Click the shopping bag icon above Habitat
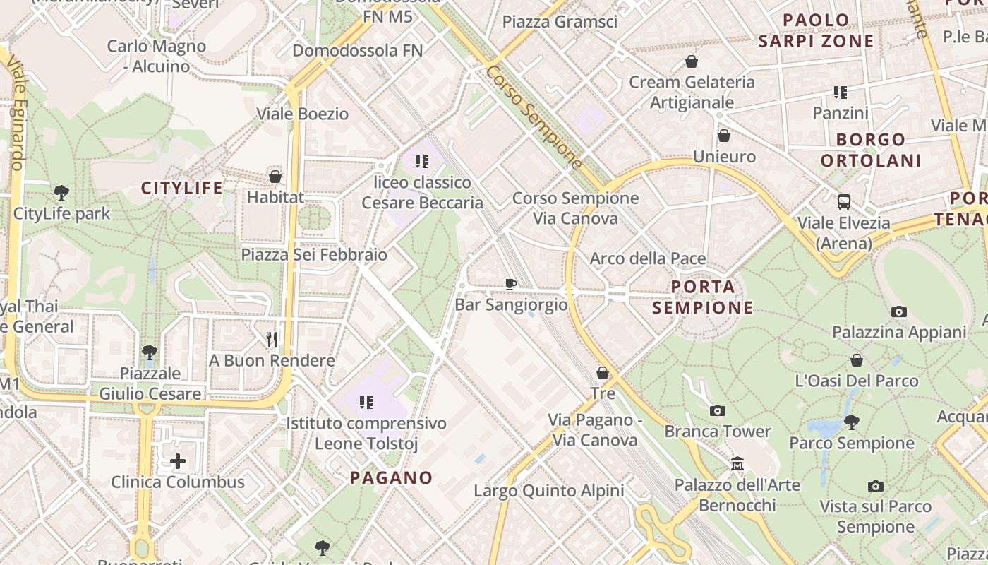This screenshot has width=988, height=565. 275,177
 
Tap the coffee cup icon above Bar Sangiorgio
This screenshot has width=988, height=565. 511,284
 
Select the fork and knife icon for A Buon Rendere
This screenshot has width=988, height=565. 272,340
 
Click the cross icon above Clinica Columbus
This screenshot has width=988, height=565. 178,462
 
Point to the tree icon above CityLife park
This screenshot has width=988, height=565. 61,192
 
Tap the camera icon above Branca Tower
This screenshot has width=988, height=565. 717,410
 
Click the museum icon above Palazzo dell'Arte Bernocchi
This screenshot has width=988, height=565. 737,464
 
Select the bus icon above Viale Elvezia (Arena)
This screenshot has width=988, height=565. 844,202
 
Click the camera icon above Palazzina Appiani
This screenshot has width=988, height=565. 898,311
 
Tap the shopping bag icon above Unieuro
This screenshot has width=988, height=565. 724,136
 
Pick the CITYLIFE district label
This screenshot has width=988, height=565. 181,188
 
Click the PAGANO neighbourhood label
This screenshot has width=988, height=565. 391,478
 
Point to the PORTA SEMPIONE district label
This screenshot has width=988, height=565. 703,297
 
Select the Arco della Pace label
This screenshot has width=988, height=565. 648,258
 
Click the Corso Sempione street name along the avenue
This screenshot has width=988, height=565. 534,118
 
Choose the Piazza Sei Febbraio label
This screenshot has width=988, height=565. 314,254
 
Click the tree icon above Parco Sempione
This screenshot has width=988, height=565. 852,422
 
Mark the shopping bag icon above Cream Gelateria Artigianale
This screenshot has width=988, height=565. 692,61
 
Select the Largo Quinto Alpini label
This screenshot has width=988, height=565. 548,491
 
